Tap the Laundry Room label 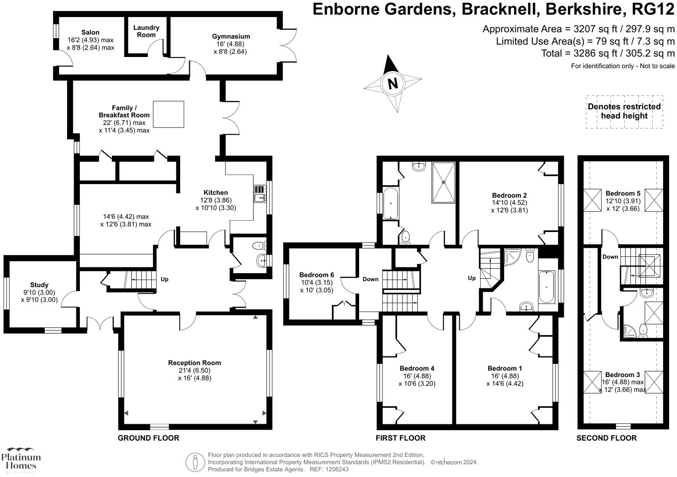(x=146, y=31)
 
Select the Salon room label (x=90, y=32)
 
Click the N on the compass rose (x=392, y=83)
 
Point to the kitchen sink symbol (x=260, y=193)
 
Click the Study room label (x=39, y=285)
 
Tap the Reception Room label (x=194, y=363)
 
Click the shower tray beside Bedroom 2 (x=444, y=182)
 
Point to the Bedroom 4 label (x=417, y=368)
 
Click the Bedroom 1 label (x=505, y=368)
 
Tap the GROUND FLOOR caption (x=148, y=438)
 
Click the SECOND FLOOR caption (x=606, y=438)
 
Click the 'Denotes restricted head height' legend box (x=624, y=111)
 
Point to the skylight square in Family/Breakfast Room (x=168, y=114)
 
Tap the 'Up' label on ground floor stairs (x=164, y=279)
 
